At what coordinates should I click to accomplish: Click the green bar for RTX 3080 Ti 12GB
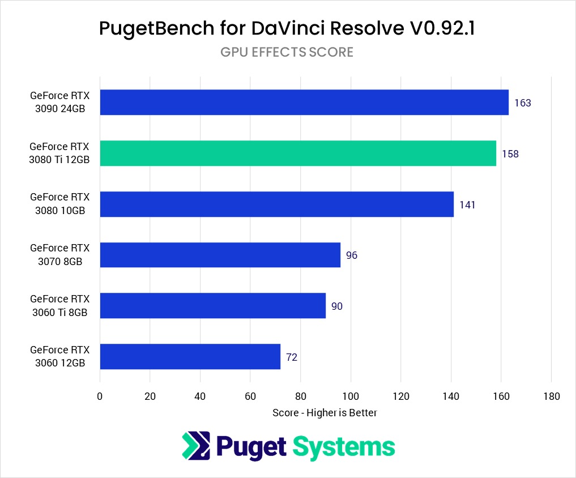pyautogui.click(x=298, y=153)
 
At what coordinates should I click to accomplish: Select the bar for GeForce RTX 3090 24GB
pyautogui.click(x=304, y=103)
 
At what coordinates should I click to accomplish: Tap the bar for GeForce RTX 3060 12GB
pyautogui.click(x=190, y=357)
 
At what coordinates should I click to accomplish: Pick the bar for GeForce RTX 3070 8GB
pyautogui.click(x=220, y=255)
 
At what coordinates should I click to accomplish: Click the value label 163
pyautogui.click(x=522, y=103)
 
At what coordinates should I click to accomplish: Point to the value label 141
pyautogui.click(x=467, y=204)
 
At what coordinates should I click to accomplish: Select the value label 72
pyautogui.click(x=292, y=357)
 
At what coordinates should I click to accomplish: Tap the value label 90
pyautogui.click(x=337, y=306)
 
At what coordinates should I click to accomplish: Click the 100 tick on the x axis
pyautogui.click(x=351, y=396)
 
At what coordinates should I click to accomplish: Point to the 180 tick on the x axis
pyautogui.click(x=551, y=396)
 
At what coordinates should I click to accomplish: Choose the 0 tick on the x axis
pyautogui.click(x=100, y=396)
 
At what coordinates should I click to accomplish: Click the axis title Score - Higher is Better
pyautogui.click(x=325, y=413)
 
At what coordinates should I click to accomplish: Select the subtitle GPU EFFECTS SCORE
pyautogui.click(x=287, y=52)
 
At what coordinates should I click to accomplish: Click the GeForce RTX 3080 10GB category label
pyautogui.click(x=59, y=204)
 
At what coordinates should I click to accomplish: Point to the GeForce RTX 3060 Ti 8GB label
pyautogui.click(x=59, y=306)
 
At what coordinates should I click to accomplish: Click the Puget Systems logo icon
pyautogui.click(x=195, y=446)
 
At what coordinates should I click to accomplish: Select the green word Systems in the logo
pyautogui.click(x=343, y=446)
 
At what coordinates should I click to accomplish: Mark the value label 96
pyautogui.click(x=352, y=255)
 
